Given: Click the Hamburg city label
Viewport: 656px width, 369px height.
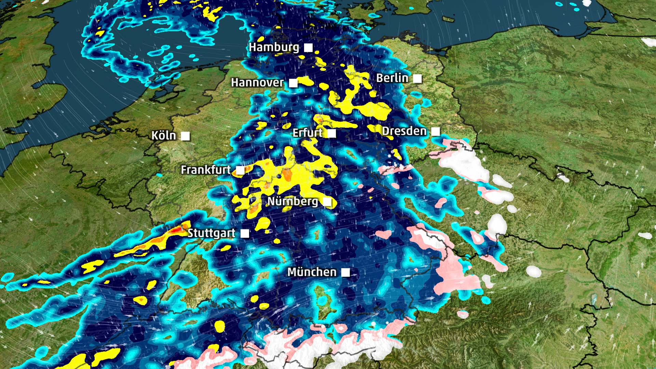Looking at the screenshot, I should coord(274,47).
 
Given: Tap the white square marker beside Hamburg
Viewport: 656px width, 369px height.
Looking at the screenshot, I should coord(309,47).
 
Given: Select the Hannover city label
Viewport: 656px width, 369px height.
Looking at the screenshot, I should coord(257,82).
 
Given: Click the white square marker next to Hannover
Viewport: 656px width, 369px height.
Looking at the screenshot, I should coord(293,83).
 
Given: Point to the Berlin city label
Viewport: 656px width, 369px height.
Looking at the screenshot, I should coord(392,78).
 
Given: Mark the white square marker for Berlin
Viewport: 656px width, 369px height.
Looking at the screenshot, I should coord(417,79).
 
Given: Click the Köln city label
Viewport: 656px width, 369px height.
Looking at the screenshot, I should coord(164,136).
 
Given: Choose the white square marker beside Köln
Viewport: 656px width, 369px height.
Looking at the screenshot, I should coord(185,136).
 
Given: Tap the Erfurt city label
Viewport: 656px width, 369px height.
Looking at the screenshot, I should coord(307,133).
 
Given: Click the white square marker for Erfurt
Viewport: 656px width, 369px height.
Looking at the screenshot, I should coord(332,133).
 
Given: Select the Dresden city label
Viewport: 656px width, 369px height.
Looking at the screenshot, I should coord(404,131).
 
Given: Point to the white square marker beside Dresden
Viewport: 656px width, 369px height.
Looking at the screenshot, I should coord(436,132).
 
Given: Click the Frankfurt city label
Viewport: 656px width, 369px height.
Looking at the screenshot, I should coord(206,169).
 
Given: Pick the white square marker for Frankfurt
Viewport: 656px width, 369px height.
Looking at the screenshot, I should coord(241,170).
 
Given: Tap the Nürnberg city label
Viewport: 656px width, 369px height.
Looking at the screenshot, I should coord(292,201).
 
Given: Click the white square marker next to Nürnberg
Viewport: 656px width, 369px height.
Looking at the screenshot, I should coord(327,202).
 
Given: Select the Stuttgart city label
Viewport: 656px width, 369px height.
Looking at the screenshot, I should coord(211,233).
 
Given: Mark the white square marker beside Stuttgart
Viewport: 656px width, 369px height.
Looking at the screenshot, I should coord(245,234).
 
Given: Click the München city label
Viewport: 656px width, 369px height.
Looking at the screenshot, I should coord(312,272).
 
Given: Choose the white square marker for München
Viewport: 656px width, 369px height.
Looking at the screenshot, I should coord(346,272).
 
